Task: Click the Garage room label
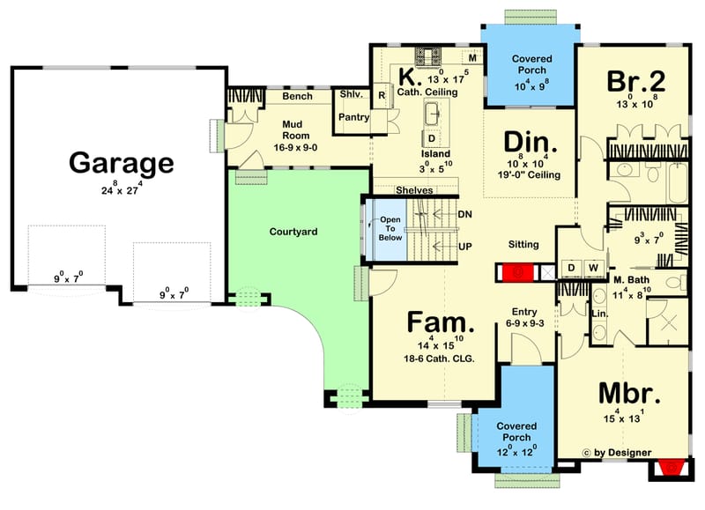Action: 122,164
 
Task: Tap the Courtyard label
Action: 293,232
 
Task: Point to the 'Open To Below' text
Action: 390,228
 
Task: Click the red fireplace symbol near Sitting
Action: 516,272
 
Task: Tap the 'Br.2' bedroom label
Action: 634,81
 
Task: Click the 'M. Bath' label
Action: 632,279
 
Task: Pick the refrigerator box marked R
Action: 382,94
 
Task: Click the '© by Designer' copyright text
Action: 617,453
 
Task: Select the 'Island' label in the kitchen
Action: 435,154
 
